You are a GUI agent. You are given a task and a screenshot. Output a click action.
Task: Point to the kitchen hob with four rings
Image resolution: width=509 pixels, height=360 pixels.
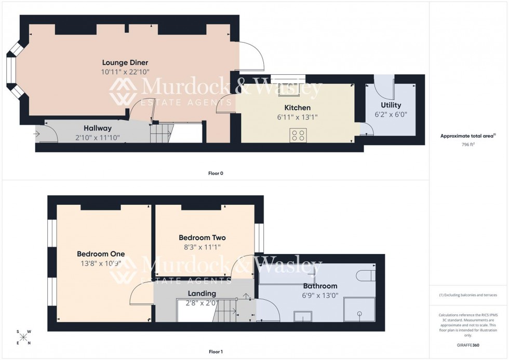[299, 136]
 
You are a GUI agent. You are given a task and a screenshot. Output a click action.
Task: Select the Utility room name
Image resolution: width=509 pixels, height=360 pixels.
[391, 105]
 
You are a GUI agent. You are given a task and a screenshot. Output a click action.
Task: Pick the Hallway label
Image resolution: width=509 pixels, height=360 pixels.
[98, 128]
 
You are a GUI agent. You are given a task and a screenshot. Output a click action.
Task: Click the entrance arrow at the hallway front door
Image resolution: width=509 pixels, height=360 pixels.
[38, 134]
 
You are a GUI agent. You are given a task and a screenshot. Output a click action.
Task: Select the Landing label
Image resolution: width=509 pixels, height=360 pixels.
[202, 294]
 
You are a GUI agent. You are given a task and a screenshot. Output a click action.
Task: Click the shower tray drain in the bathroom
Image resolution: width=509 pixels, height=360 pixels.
[359, 313]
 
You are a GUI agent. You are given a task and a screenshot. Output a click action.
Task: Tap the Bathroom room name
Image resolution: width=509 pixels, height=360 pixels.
[320, 286]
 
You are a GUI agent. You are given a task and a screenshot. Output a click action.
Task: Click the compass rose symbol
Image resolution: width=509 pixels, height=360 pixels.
[23, 337]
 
